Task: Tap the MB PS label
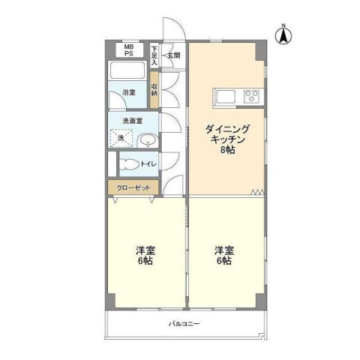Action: click(x=129, y=50)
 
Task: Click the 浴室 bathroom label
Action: click(x=129, y=93)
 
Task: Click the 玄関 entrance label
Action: click(x=172, y=55)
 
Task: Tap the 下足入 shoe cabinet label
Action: click(x=154, y=55)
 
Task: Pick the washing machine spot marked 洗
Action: click(x=121, y=139)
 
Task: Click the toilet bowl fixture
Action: click(x=130, y=163)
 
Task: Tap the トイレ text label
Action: click(x=148, y=163)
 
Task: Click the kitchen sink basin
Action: click(x=226, y=96)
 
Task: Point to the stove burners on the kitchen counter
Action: click(x=251, y=96)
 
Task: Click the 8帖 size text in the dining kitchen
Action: click(x=225, y=151)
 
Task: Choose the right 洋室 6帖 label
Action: click(x=223, y=255)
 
